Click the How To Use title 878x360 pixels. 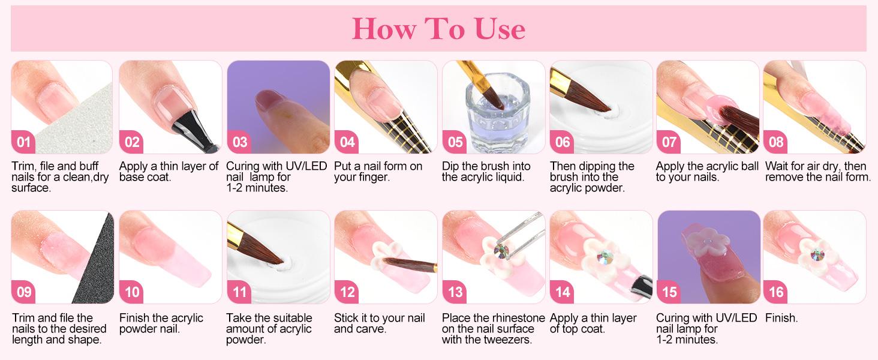pos(438,28)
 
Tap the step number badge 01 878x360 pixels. pos(23,142)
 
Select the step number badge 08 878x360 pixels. pos(776,142)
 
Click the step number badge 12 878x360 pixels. pos(347,292)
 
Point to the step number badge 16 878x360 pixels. pos(776,292)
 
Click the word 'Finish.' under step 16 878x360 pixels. pos(781,318)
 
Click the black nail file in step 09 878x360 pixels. pos(96,264)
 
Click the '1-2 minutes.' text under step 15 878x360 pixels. pos(687,340)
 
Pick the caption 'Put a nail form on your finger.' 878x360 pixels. pos(378,172)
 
